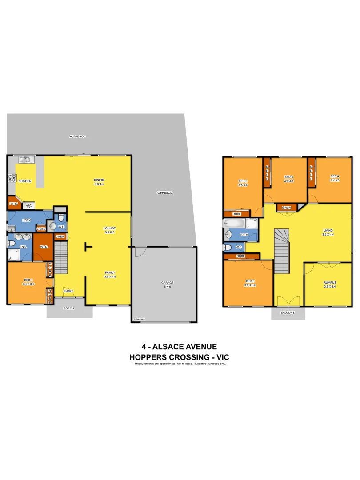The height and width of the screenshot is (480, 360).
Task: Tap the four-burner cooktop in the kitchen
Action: (12, 178)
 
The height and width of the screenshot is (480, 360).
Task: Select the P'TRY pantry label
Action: (13, 204)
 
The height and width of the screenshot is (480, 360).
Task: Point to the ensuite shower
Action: (13, 255)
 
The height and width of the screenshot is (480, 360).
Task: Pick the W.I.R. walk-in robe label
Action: (44, 247)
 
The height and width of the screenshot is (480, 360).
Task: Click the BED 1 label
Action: (28, 280)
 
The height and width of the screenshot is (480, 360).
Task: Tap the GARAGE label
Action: (167, 283)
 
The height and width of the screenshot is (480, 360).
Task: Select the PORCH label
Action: (68, 308)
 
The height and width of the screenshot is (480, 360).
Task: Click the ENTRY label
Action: (68, 291)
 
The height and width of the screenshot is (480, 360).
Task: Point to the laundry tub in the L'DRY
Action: (11, 228)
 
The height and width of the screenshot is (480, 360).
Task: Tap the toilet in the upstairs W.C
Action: (228, 247)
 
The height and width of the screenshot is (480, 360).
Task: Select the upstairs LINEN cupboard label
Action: (286, 207)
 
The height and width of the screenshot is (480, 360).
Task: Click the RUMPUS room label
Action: (330, 282)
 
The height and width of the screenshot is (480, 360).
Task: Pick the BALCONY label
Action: (288, 312)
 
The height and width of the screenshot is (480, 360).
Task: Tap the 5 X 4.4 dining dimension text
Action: (99, 184)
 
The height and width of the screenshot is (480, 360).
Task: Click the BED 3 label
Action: (289, 177)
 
